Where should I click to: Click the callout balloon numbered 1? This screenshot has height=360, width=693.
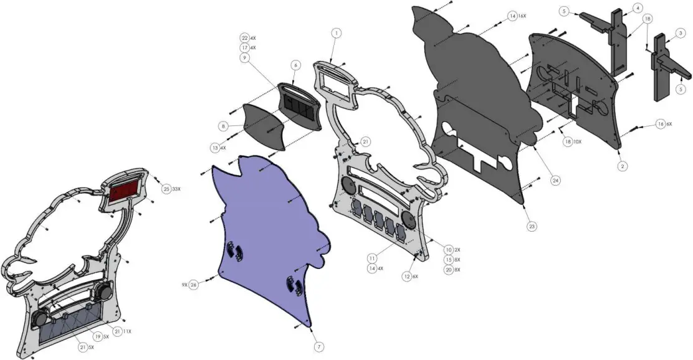pos(336,32)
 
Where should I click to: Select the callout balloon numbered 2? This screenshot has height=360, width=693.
pos(623,166)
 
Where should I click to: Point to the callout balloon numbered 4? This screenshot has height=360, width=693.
pos(638,7)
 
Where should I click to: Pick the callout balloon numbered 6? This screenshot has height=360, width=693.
pos(295,65)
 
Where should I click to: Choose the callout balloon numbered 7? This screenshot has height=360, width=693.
pos(318,346)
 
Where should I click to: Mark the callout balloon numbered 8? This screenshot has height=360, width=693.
pos(222,126)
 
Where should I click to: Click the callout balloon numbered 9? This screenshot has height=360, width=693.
pos(244,57)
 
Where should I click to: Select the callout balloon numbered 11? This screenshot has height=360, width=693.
pos(371,257)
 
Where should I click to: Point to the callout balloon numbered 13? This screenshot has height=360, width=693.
pos(215,148)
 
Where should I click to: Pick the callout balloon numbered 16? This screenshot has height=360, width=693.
pos(661,125)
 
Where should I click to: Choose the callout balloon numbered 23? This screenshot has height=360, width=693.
pos(532,226)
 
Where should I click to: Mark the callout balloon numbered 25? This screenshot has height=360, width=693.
pos(166,189)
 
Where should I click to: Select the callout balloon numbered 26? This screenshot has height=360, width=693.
pos(194,285)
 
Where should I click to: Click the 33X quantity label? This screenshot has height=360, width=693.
pos(177,189)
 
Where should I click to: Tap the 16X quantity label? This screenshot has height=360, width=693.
pos(522,16)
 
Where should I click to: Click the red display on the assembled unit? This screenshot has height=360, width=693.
pos(125,189)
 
